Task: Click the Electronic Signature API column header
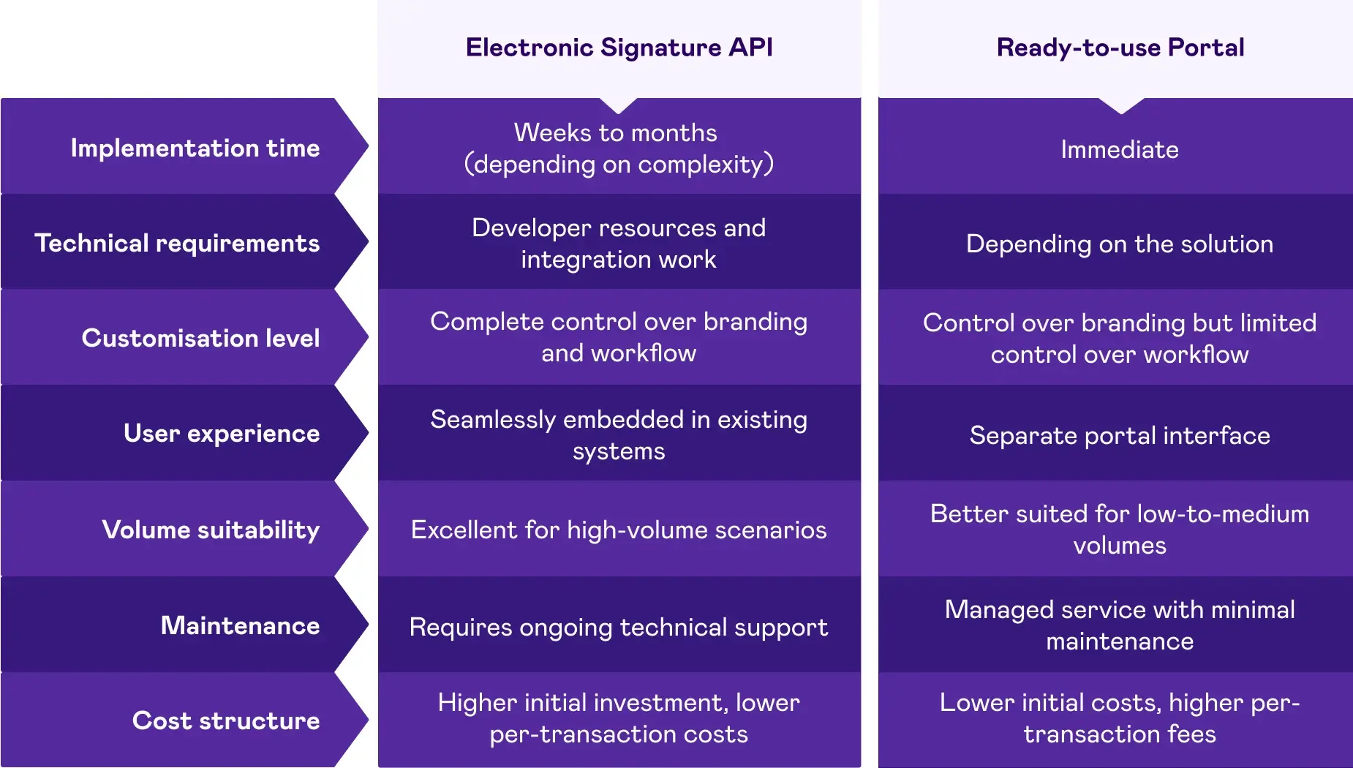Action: pos(619,48)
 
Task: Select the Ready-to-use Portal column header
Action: pos(1120,48)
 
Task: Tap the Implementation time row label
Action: pos(195,148)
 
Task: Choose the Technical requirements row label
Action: pos(177,243)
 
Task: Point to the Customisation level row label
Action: pos(200,338)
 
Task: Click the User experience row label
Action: pos(221,433)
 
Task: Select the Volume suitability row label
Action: pos(211,530)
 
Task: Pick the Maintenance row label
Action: pos(240,625)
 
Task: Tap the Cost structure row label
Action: pos(226,720)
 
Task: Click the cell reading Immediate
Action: pos(1120,149)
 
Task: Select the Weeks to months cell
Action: pos(619,148)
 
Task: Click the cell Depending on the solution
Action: pos(1120,244)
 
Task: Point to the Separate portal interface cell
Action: pos(1120,435)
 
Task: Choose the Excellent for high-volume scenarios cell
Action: pos(619,530)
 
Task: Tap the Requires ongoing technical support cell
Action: pos(619,627)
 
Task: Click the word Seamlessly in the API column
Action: pos(493,420)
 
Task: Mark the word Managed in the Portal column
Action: pos(999,610)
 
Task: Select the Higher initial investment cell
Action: pos(619,718)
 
